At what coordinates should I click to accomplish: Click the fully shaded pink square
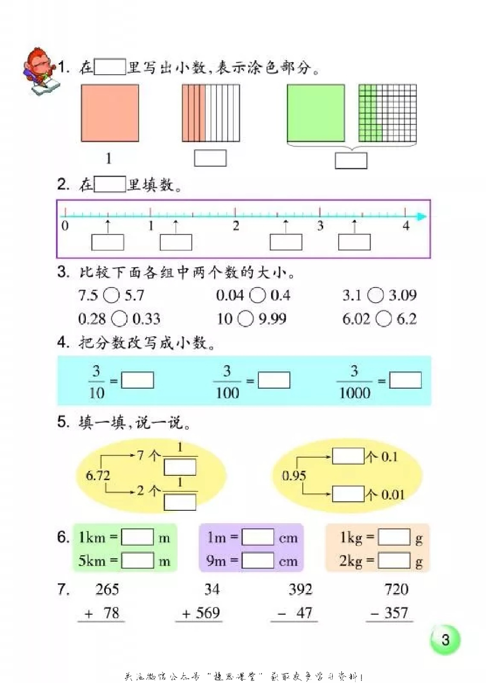110,113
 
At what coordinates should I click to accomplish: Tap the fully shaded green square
316,113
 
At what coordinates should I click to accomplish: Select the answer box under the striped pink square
210,158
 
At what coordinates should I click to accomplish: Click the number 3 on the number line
320,226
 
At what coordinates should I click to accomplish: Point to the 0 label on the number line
65,226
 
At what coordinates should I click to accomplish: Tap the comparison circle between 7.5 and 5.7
111,296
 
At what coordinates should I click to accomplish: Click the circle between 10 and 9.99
245,319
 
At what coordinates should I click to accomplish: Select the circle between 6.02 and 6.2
383,319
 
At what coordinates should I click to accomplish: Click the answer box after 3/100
274,380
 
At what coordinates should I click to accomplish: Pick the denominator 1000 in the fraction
354,393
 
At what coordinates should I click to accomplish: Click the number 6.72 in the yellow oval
98,476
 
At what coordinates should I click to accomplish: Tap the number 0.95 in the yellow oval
294,476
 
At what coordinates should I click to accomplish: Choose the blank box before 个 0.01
348,494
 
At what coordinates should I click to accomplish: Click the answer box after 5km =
137,561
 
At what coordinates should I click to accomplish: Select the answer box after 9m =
257,561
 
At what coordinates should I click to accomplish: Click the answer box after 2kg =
394,561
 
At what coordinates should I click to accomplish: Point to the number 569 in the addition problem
208,613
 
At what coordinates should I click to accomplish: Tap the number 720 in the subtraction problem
396,590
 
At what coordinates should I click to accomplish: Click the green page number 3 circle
445,640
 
